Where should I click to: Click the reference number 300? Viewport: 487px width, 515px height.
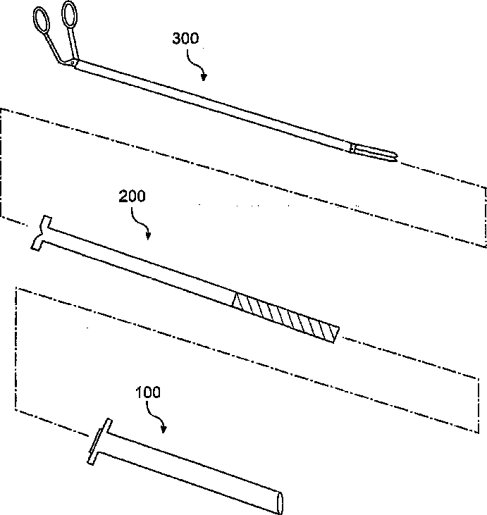point(186,39)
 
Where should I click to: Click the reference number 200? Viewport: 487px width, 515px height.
point(132,197)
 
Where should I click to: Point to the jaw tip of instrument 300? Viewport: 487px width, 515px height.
point(393,158)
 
